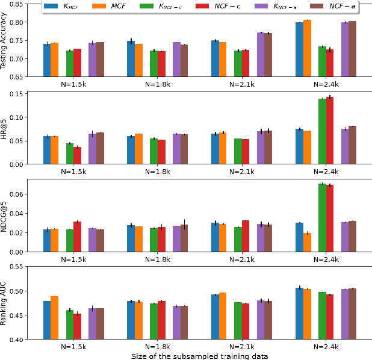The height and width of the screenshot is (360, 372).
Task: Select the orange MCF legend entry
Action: pos(107,7)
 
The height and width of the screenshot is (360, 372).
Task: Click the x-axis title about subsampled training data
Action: pos(199,355)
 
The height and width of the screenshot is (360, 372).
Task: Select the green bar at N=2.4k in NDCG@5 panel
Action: pos(322,217)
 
